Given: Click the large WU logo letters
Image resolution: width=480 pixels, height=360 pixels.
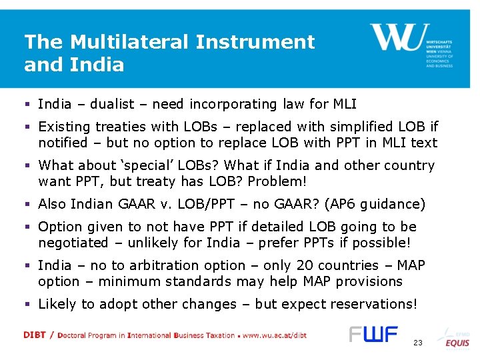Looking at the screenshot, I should point(396,38).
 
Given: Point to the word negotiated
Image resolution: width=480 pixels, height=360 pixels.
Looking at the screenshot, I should point(73,243).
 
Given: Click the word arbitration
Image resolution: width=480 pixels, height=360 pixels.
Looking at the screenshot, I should point(146,265).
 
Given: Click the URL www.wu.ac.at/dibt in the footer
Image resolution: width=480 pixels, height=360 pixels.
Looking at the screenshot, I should point(275,335).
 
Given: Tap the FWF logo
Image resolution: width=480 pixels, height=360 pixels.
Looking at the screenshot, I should point(373,334).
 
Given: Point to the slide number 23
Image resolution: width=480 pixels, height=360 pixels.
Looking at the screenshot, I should point(418,343).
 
